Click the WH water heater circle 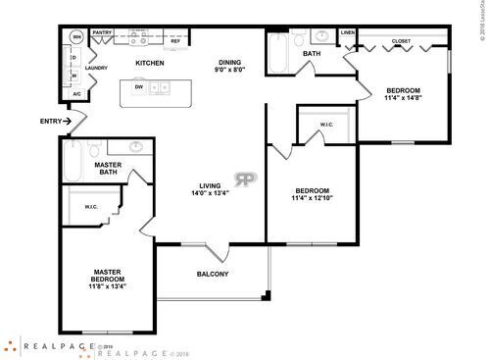pos(74,37)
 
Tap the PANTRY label pos(103,32)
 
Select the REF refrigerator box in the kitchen pos(175,41)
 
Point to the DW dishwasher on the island pos(138,86)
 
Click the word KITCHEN pos(149,64)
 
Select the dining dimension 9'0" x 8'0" pos(231,71)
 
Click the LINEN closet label pos(347,32)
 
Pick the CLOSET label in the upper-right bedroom pos(401,42)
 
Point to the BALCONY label pos(213,274)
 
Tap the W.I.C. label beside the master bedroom pos(90,206)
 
